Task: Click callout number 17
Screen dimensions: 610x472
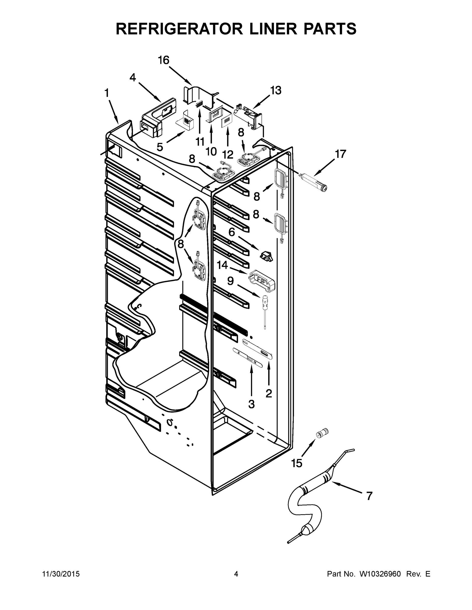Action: [x=340, y=154]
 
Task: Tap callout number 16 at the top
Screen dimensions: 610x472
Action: [x=164, y=60]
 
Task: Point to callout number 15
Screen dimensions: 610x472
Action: [x=297, y=463]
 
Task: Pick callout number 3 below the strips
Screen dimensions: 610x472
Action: [x=251, y=404]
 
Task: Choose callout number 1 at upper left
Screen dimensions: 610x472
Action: [x=107, y=93]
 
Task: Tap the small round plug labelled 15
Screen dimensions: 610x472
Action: [x=322, y=433]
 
